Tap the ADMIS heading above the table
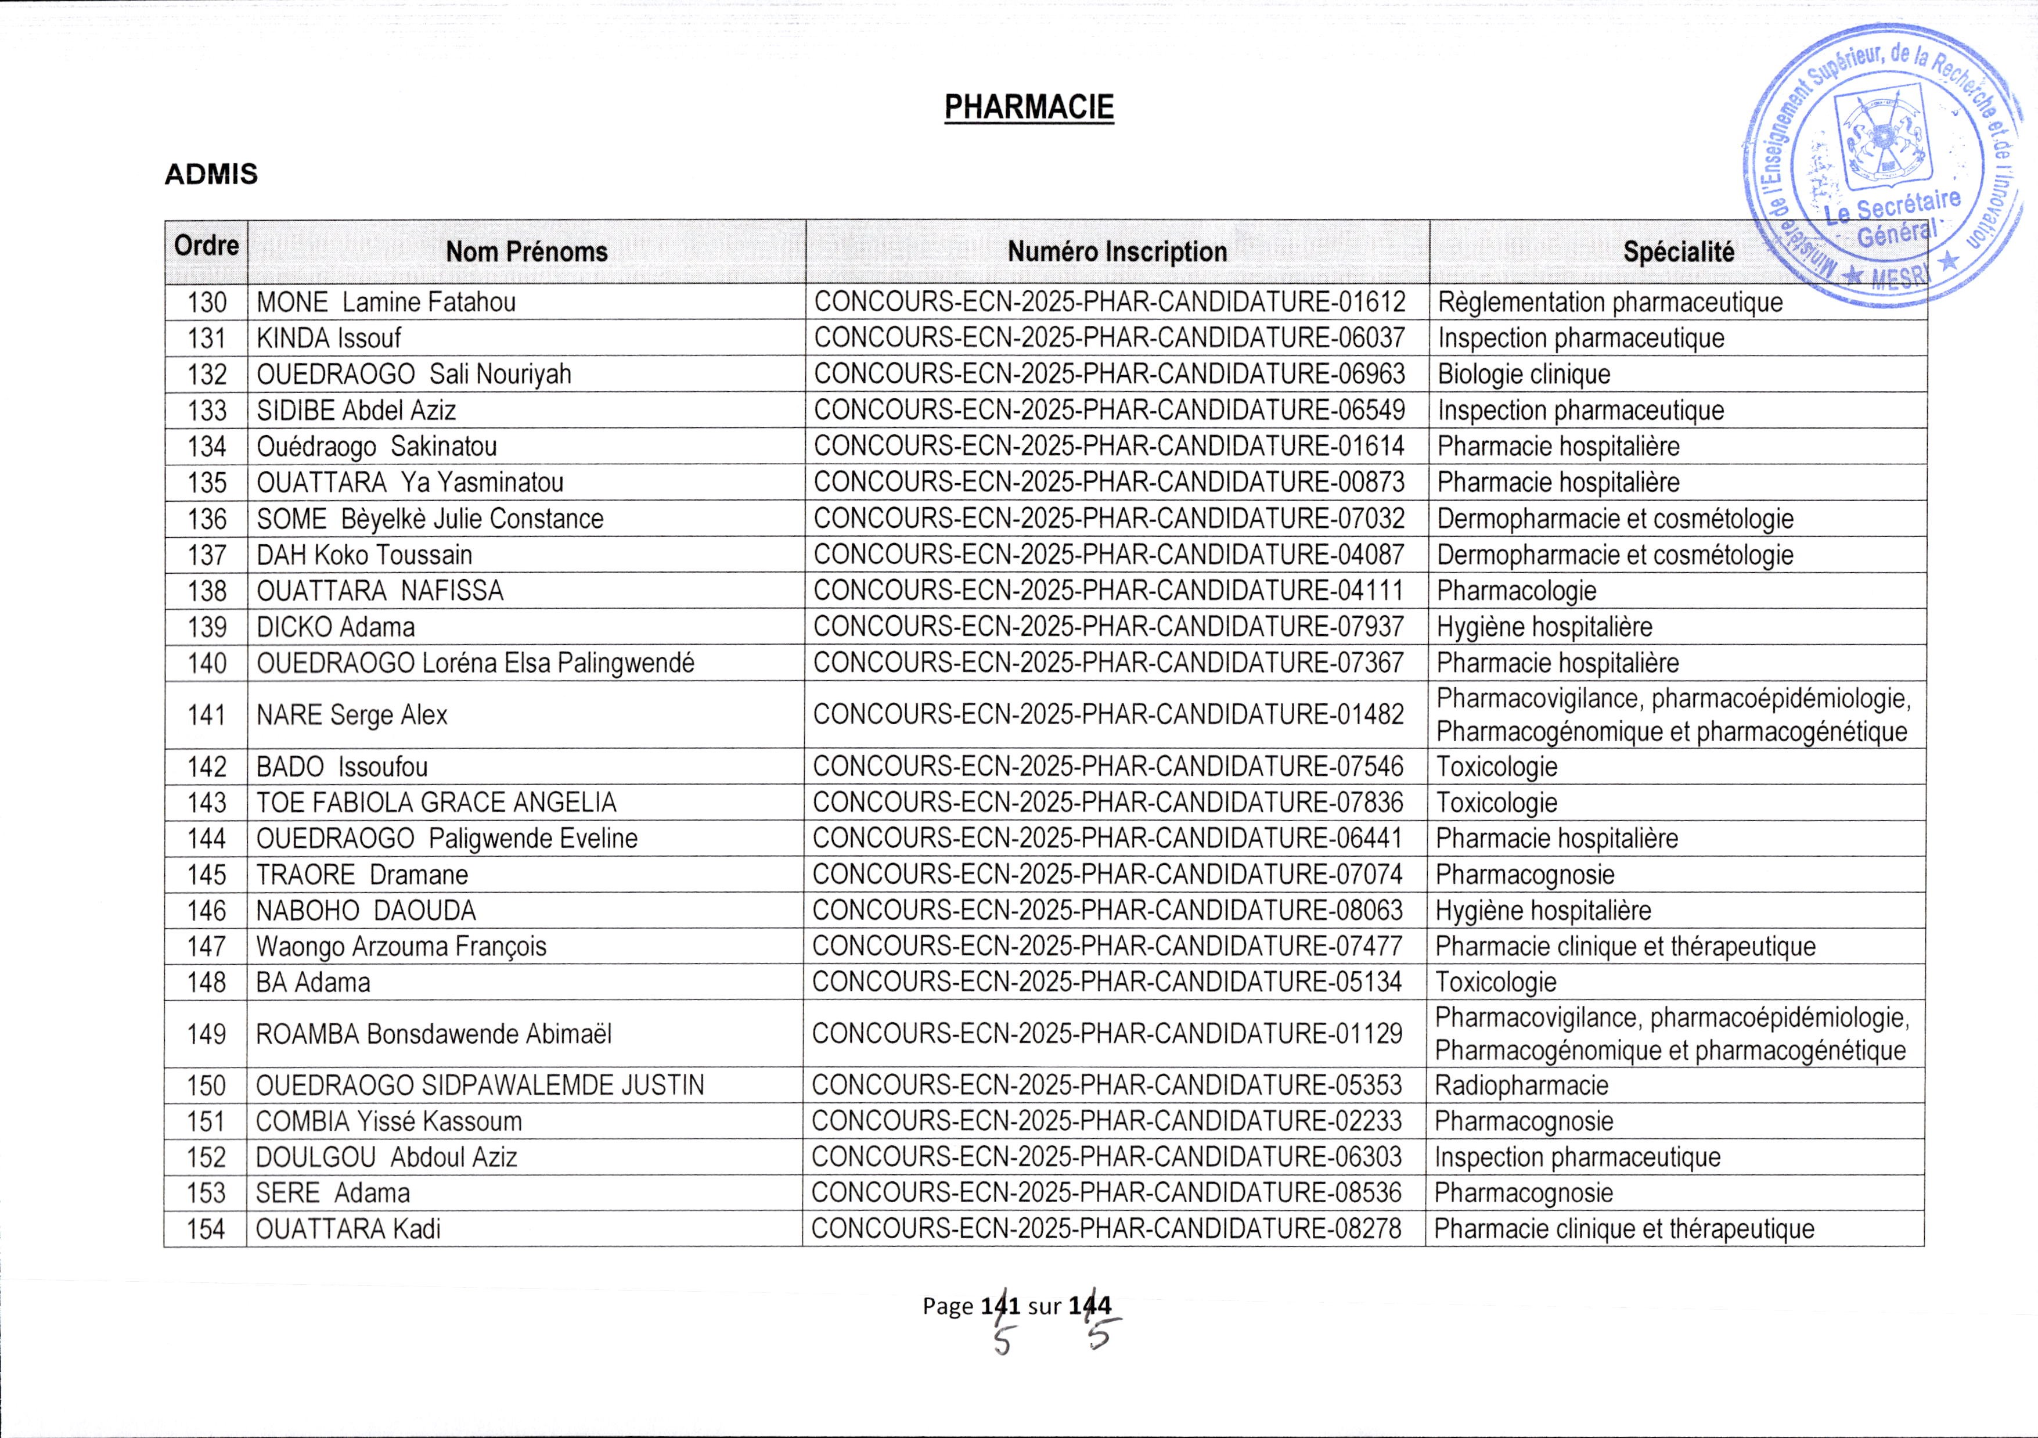(x=211, y=174)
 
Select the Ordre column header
(x=206, y=246)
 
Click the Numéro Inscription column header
(x=1117, y=252)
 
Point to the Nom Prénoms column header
(x=527, y=252)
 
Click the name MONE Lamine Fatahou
(x=386, y=303)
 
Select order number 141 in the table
(x=207, y=714)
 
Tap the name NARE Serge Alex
(x=351, y=714)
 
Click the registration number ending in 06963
(x=1110, y=375)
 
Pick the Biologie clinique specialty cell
(x=1523, y=375)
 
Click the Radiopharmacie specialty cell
(x=1521, y=1085)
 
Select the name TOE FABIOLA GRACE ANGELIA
(x=436, y=803)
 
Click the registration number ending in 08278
(x=1106, y=1230)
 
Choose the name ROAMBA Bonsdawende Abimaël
(x=433, y=1034)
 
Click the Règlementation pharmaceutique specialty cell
(x=1609, y=303)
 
